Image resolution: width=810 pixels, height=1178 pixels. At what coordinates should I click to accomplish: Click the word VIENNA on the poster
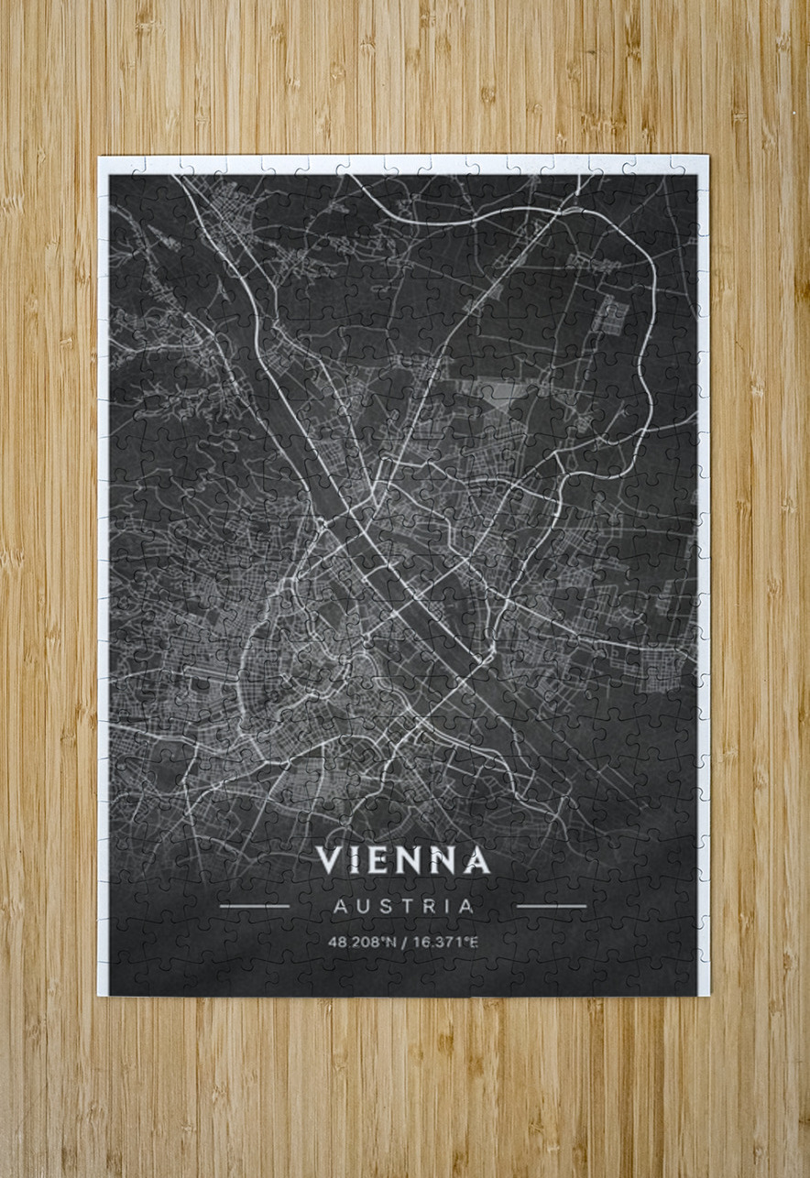click(x=403, y=860)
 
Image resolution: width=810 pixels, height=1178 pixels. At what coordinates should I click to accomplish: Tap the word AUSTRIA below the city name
click(x=403, y=907)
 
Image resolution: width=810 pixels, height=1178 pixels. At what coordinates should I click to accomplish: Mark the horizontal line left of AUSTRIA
click(x=255, y=907)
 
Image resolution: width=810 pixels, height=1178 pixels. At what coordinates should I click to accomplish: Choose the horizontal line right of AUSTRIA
click(x=552, y=907)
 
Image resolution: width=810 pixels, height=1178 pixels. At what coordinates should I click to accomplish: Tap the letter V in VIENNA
click(x=329, y=860)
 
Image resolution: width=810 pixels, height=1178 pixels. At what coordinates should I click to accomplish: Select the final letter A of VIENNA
click(x=476, y=860)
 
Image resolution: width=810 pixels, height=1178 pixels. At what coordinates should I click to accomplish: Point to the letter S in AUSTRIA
click(x=386, y=907)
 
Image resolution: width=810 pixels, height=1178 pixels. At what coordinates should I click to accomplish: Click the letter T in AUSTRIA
click(x=409, y=907)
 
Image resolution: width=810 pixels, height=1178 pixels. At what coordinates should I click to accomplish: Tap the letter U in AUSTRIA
click(x=363, y=907)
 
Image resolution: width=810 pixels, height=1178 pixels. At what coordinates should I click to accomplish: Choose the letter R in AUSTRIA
click(x=431, y=907)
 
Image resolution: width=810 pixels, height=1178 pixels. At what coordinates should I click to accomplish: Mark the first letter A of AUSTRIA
click(x=339, y=907)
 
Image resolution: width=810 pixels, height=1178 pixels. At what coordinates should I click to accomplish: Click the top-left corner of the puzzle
click(x=100, y=158)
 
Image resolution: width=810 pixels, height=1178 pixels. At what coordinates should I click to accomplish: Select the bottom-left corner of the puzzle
click(x=100, y=996)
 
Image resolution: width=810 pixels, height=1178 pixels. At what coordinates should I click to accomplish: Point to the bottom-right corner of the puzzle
click(x=708, y=996)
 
